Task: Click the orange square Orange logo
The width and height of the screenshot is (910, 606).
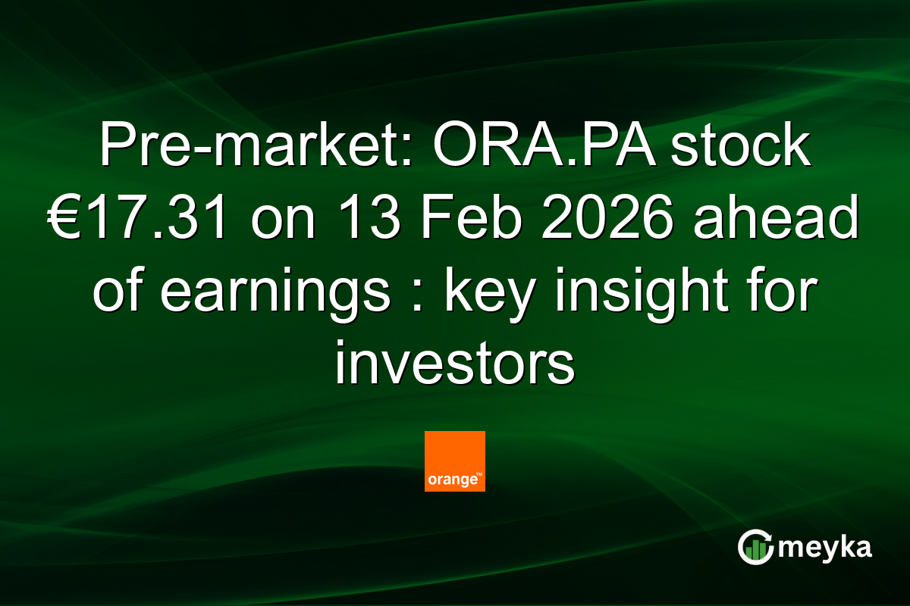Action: pos(454,461)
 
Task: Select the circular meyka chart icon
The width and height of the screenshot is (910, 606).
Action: pos(755,547)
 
